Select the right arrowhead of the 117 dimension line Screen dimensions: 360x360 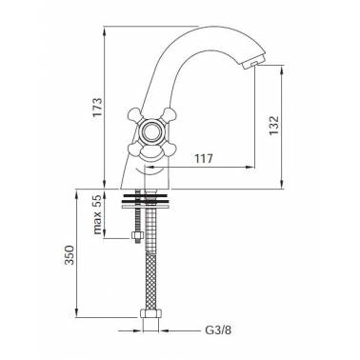tap(251, 168)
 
